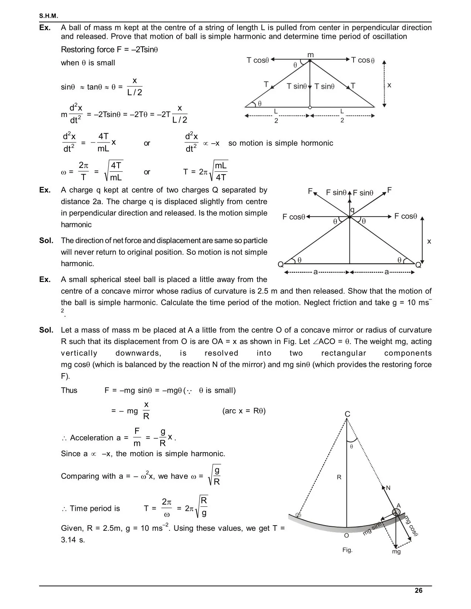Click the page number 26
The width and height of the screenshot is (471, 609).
(418, 591)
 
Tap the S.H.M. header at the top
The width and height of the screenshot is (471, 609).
(49, 16)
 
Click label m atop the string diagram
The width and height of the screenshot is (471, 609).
(311, 55)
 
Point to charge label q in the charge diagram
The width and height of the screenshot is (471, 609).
(352, 210)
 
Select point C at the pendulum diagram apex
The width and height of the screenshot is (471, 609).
(347, 414)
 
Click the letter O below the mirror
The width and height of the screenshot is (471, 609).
(347, 536)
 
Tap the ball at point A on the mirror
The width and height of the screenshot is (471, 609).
(396, 513)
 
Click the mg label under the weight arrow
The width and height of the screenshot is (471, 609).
(396, 552)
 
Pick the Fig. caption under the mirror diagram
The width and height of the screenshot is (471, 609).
(347, 550)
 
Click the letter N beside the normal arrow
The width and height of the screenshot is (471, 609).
(388, 488)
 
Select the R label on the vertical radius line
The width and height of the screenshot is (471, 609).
(339, 477)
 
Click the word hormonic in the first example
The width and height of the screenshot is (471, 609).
(317, 143)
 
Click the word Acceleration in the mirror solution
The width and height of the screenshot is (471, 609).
(92, 438)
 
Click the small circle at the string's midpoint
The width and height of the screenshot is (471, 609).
(310, 107)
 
